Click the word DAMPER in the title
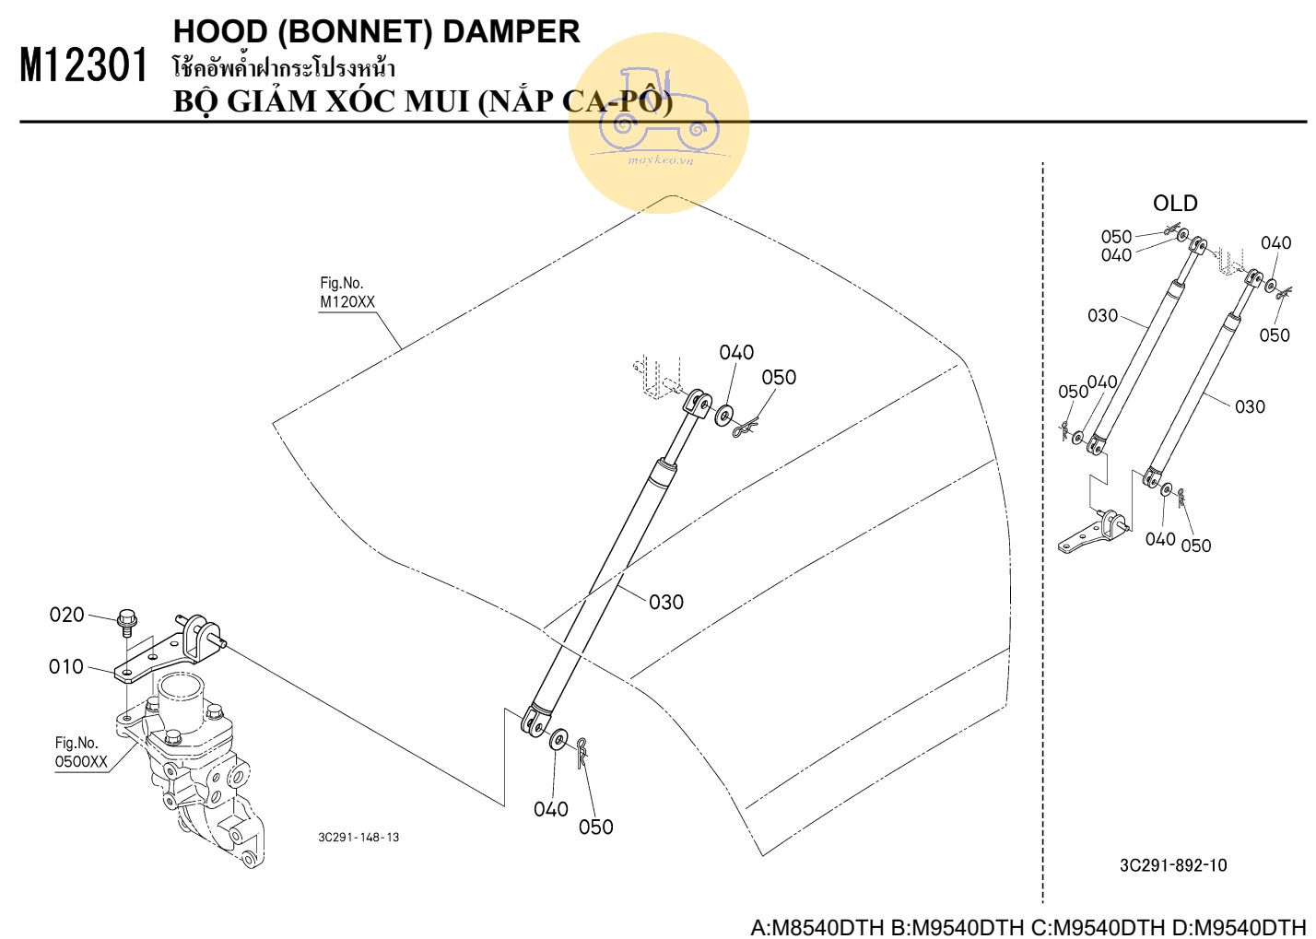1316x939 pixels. [x=511, y=31]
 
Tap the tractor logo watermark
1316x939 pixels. [x=658, y=118]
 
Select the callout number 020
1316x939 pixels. [x=66, y=615]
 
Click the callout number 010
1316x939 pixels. [x=66, y=666]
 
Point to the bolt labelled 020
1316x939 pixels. [x=127, y=623]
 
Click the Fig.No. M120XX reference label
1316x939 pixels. [x=347, y=293]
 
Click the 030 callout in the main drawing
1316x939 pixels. [x=665, y=602]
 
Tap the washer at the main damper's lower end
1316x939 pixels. [x=558, y=739]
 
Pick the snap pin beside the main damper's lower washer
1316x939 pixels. [x=582, y=750]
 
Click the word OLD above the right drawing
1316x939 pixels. [x=1175, y=203]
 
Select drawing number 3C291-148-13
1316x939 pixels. [x=358, y=838]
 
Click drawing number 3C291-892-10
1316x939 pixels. [x=1173, y=865]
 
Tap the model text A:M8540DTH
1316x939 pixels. [x=817, y=926]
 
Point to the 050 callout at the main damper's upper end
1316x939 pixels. [x=779, y=377]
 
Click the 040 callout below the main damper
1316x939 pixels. [x=550, y=809]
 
